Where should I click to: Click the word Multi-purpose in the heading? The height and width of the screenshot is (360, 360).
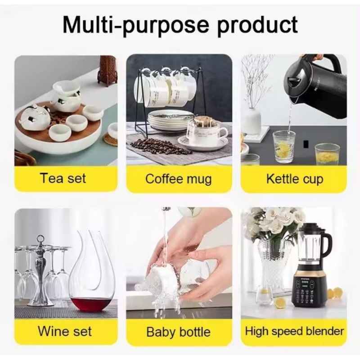[136, 25]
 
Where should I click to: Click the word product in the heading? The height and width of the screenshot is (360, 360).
[257, 25]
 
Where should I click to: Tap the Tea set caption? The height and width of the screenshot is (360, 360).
[63, 178]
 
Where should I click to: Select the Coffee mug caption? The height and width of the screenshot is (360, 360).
[178, 179]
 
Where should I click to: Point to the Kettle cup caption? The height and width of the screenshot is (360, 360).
[295, 179]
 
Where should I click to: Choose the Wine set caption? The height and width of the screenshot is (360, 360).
[65, 331]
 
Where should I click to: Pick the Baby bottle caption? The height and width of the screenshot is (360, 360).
[178, 332]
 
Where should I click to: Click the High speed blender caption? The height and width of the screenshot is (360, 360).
[294, 331]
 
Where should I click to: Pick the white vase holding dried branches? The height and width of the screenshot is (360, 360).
[252, 121]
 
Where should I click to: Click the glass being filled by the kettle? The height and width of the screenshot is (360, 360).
[284, 147]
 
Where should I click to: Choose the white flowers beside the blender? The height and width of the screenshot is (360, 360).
[273, 225]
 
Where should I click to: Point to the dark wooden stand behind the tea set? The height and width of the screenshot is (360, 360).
[108, 71]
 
